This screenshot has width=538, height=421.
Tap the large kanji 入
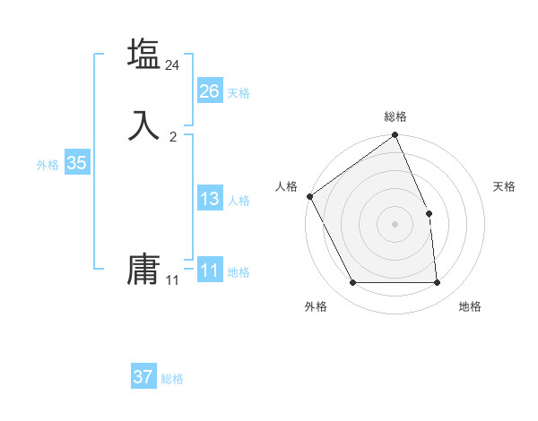coord(143,125)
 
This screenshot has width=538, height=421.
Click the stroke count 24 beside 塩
coord(173,65)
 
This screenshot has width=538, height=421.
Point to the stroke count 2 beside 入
coord(173,137)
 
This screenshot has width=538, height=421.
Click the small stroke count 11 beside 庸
coord(172,280)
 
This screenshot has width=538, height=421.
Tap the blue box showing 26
coord(209,91)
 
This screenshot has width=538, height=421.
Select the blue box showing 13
coord(209,199)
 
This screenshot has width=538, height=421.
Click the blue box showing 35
coord(76,163)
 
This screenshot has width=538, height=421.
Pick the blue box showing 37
coord(143,377)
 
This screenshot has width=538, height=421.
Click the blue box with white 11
coord(209,271)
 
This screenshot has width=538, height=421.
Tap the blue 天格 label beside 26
coord(239,93)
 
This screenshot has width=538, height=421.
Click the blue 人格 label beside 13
coord(239,201)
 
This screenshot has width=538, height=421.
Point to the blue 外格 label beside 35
coord(48,165)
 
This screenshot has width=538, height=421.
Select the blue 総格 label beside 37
coord(172,379)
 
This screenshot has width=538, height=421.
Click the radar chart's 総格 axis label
coord(395,117)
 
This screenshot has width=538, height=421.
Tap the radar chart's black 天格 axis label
coord(505,186)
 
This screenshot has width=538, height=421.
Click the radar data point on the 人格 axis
coord(309,196)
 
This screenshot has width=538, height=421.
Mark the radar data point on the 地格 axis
coord(438,283)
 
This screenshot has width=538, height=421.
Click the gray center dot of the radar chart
coord(395,224)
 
